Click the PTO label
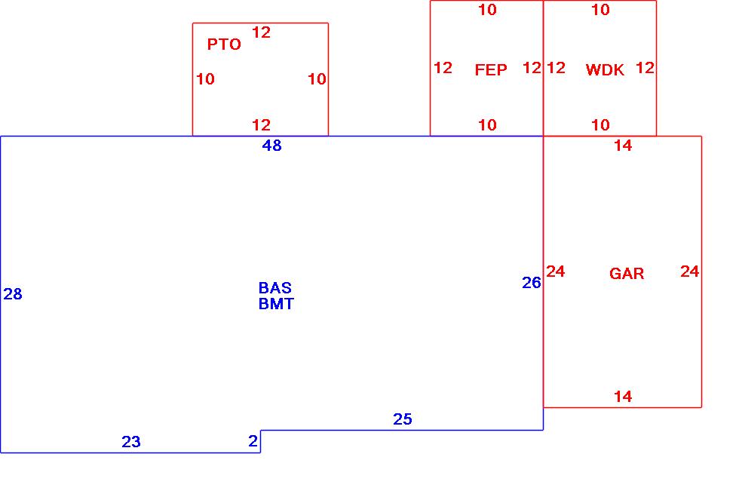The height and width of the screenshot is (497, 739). pos(224,44)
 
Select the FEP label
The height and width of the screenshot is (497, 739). pos(491,70)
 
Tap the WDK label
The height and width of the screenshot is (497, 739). pos(605,70)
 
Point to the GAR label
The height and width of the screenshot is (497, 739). pos(627,274)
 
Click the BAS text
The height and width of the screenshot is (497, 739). pos(275,288)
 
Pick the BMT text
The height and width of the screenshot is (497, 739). pos(276,304)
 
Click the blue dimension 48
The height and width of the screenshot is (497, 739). pos(272,146)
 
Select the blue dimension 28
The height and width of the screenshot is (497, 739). pos(13,294)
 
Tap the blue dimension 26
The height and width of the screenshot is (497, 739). pos(532,283)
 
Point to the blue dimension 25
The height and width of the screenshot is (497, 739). pos(403,419)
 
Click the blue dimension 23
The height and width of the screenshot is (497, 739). pos(131,442)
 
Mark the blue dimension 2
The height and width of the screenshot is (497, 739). pos(253,441)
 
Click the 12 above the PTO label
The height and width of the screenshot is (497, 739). pos(261,32)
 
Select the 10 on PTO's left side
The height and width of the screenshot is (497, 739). pos(205,79)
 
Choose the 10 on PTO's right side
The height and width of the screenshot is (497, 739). pos(317,79)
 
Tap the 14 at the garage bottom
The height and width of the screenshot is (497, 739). pos(623,397)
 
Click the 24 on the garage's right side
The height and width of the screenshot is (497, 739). pos(690,272)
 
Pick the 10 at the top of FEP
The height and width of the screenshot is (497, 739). pos(488,10)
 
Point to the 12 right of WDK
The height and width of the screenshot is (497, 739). pos(645,68)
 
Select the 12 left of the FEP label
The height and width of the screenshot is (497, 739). pos(443,68)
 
